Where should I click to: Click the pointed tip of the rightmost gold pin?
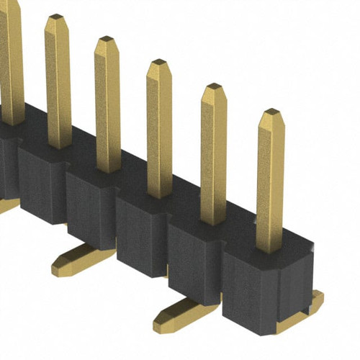[x=271, y=113]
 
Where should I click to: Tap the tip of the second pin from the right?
[x=214, y=87]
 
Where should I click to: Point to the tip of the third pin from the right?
[x=159, y=63]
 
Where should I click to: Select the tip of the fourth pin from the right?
[x=107, y=39]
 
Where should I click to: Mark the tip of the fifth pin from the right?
[x=56, y=17]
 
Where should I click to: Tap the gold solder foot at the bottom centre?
[x=186, y=311]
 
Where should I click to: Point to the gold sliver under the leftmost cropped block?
[x=9, y=205]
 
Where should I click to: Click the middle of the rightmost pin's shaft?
[x=270, y=180]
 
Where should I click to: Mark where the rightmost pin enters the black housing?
[x=270, y=248]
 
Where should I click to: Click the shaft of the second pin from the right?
[x=213, y=151]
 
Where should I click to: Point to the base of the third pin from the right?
[x=159, y=194]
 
